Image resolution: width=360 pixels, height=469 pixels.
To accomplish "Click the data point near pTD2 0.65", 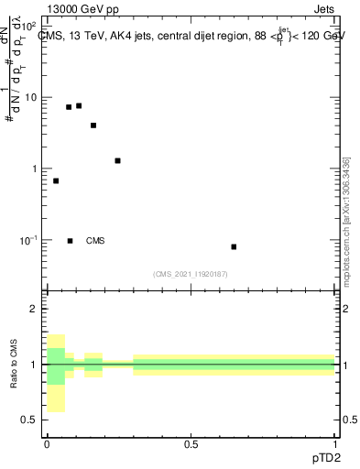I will click(x=235, y=246).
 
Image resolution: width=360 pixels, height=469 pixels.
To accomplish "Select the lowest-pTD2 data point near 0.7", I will click(x=56, y=180).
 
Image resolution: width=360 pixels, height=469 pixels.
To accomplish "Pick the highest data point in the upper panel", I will click(x=79, y=105).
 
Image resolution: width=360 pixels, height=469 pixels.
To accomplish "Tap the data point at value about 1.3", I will click(x=117, y=160).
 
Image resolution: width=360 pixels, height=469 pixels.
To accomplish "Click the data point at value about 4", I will click(x=93, y=125).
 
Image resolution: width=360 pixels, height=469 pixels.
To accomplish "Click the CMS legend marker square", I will click(x=71, y=241).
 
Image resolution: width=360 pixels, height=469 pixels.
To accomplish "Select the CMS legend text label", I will click(x=95, y=241).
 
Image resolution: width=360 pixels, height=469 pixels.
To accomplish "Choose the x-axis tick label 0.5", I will click(x=191, y=443).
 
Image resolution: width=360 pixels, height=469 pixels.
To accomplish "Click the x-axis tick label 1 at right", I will click(x=335, y=443).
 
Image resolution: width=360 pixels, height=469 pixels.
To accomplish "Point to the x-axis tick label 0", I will click(x=47, y=443).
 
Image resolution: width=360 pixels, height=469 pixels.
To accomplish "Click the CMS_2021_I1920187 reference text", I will click(x=191, y=274).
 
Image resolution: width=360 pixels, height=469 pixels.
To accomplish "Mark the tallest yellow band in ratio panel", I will click(x=56, y=373).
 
